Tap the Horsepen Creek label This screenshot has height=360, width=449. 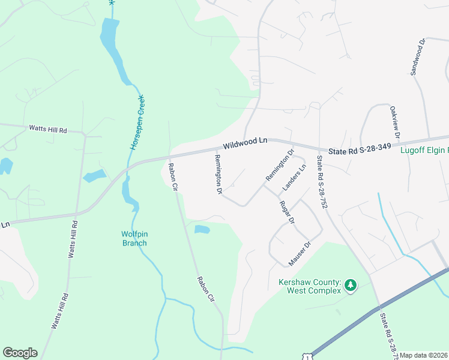click(x=136, y=122)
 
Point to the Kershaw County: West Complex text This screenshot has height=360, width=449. click(x=309, y=286)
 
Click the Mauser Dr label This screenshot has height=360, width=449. click(x=301, y=254)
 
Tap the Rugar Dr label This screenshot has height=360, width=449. click(x=286, y=212)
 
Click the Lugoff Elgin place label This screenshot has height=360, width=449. click(x=424, y=151)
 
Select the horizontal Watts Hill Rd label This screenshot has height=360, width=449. click(x=48, y=128)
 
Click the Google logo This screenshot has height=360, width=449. click(x=20, y=353)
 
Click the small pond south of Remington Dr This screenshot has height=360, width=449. click(x=202, y=229)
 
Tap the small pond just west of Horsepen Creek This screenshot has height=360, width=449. click(x=94, y=176)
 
